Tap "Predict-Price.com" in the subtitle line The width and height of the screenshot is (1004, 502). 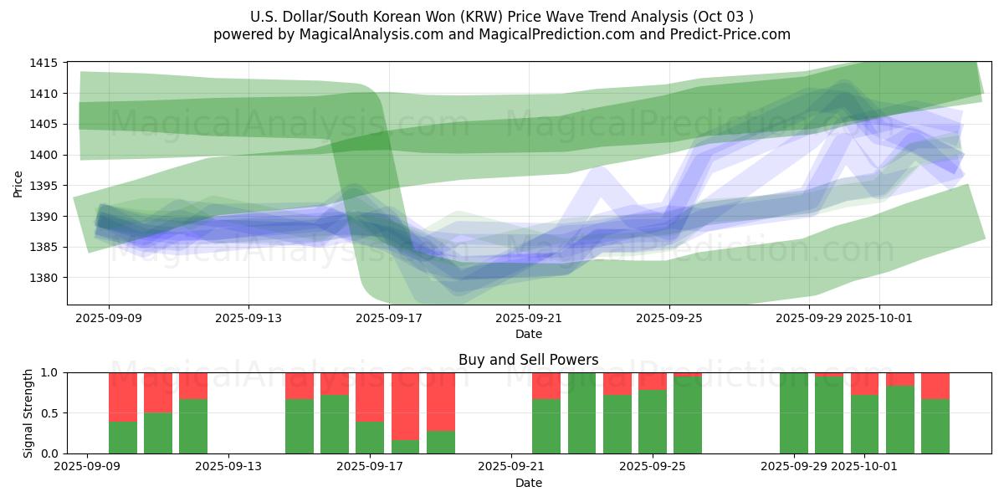734,34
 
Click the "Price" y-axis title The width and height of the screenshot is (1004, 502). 18,184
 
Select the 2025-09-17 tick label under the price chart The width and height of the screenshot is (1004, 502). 388,319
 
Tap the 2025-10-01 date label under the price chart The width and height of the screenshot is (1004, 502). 879,319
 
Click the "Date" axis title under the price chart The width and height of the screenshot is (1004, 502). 528,335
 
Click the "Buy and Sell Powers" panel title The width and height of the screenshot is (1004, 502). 528,361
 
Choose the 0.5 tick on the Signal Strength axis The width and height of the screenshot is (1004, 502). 49,413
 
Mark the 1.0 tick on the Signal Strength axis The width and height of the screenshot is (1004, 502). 49,372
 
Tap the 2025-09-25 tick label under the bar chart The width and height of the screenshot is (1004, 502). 653,467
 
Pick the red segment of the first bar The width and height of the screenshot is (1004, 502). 123,397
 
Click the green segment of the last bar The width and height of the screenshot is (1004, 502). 935,427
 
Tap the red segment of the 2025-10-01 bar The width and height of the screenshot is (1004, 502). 865,383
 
